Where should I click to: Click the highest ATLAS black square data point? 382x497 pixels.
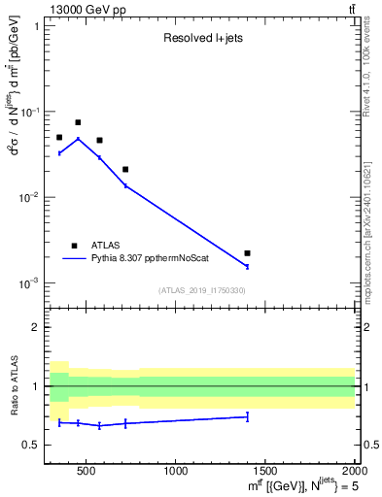click(78, 122)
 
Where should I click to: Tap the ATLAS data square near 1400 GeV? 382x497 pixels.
click(248, 253)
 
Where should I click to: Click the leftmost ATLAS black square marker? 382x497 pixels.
click(59, 138)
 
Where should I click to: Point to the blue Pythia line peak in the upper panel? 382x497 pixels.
click(78, 139)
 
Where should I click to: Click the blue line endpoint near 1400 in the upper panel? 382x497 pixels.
click(248, 266)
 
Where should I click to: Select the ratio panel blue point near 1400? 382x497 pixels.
click(248, 416)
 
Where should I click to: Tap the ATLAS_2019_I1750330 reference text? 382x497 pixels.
click(202, 290)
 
